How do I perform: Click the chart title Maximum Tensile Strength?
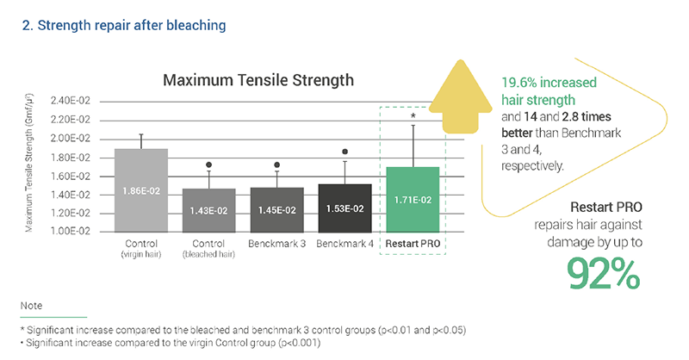(x=258, y=80)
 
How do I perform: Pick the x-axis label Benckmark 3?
(x=276, y=245)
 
